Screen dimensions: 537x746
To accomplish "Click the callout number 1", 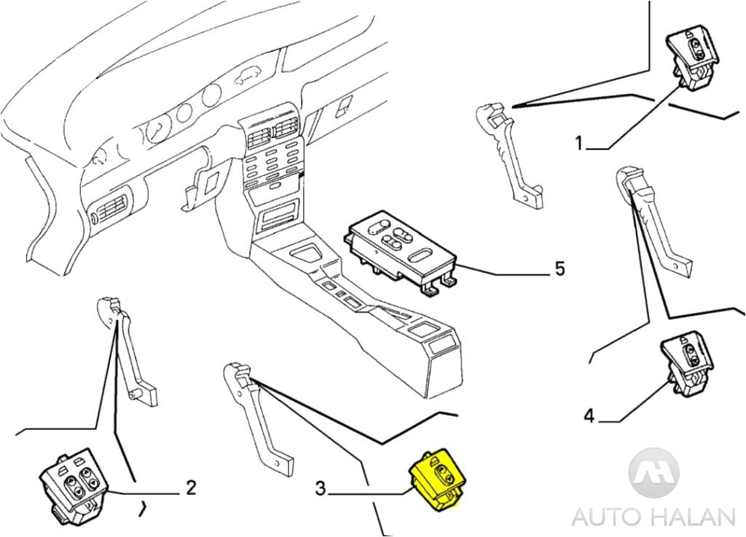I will tap(579, 143).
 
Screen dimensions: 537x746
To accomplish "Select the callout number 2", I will tap(190, 487).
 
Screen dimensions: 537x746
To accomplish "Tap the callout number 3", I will tap(321, 489).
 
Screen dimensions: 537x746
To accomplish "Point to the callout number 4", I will tap(589, 416).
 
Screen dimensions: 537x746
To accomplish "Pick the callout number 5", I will tap(559, 268).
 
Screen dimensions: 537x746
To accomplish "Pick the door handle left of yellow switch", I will tap(258, 415).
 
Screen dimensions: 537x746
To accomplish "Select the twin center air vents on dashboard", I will tap(270, 135).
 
